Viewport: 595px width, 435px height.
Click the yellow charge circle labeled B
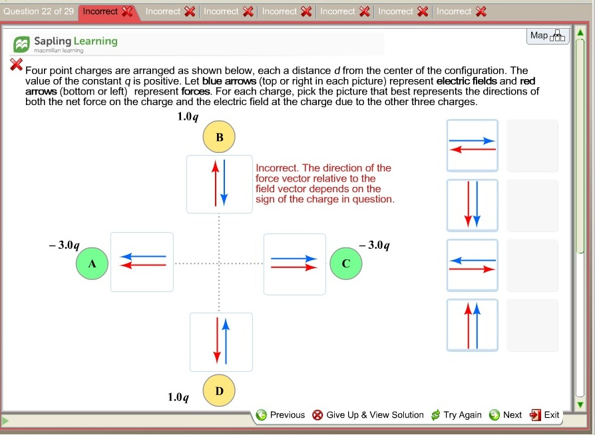[219, 137]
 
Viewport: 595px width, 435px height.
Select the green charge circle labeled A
[93, 263]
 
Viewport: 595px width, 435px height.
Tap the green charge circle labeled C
[345, 263]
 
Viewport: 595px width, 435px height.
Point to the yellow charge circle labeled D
[219, 390]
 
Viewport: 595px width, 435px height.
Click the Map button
[548, 36]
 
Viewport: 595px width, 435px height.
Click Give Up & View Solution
[368, 415]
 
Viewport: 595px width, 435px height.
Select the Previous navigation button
[280, 415]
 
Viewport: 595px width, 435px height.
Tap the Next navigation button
[505, 415]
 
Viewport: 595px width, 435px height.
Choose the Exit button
[544, 415]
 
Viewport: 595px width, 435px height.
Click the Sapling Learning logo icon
[21, 45]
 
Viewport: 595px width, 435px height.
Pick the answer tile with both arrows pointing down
[473, 205]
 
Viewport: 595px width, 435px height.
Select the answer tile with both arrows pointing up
[473, 325]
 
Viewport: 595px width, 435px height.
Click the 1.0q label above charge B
[188, 116]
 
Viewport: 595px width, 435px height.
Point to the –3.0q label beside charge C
[375, 245]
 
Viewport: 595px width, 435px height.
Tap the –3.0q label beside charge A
[64, 245]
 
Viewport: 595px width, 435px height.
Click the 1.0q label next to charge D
[178, 397]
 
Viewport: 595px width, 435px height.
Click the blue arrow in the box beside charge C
[294, 259]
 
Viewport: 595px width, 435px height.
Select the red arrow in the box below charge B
[216, 184]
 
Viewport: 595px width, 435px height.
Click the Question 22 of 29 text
[39, 11]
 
